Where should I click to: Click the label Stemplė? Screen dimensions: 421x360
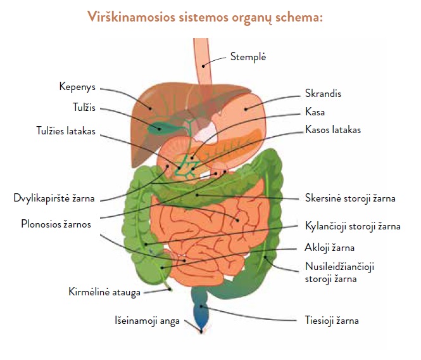pyautogui.click(x=248, y=57)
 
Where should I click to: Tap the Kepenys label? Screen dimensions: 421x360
pyautogui.click(x=77, y=87)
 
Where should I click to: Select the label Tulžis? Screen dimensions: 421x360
pyautogui.click(x=84, y=108)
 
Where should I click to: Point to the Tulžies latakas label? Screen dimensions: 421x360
pyautogui.click(x=66, y=131)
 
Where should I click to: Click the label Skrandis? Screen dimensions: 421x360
pyautogui.click(x=323, y=94)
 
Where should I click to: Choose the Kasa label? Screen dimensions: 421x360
pyautogui.click(x=315, y=112)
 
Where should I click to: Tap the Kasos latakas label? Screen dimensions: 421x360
pyautogui.click(x=333, y=129)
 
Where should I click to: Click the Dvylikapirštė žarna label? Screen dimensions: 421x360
pyautogui.click(x=54, y=198)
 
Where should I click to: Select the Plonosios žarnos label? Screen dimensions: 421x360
pyautogui.click(x=56, y=224)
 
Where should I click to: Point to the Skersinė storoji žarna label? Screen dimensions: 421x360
pyautogui.click(x=350, y=198)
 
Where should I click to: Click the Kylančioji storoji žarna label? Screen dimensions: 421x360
pyautogui.click(x=353, y=226)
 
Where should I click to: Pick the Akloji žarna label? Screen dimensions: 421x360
pyautogui.click(x=329, y=248)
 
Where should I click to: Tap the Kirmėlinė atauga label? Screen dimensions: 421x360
pyautogui.click(x=104, y=292)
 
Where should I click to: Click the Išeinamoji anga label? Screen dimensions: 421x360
pyautogui.click(x=147, y=321)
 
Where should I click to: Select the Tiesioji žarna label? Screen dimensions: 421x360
pyautogui.click(x=332, y=321)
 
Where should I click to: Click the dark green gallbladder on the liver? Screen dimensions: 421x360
pyautogui.click(x=161, y=128)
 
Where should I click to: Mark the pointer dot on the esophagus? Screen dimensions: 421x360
pyautogui.click(x=203, y=66)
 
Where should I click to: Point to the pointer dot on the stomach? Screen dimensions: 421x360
pyautogui.click(x=246, y=109)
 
